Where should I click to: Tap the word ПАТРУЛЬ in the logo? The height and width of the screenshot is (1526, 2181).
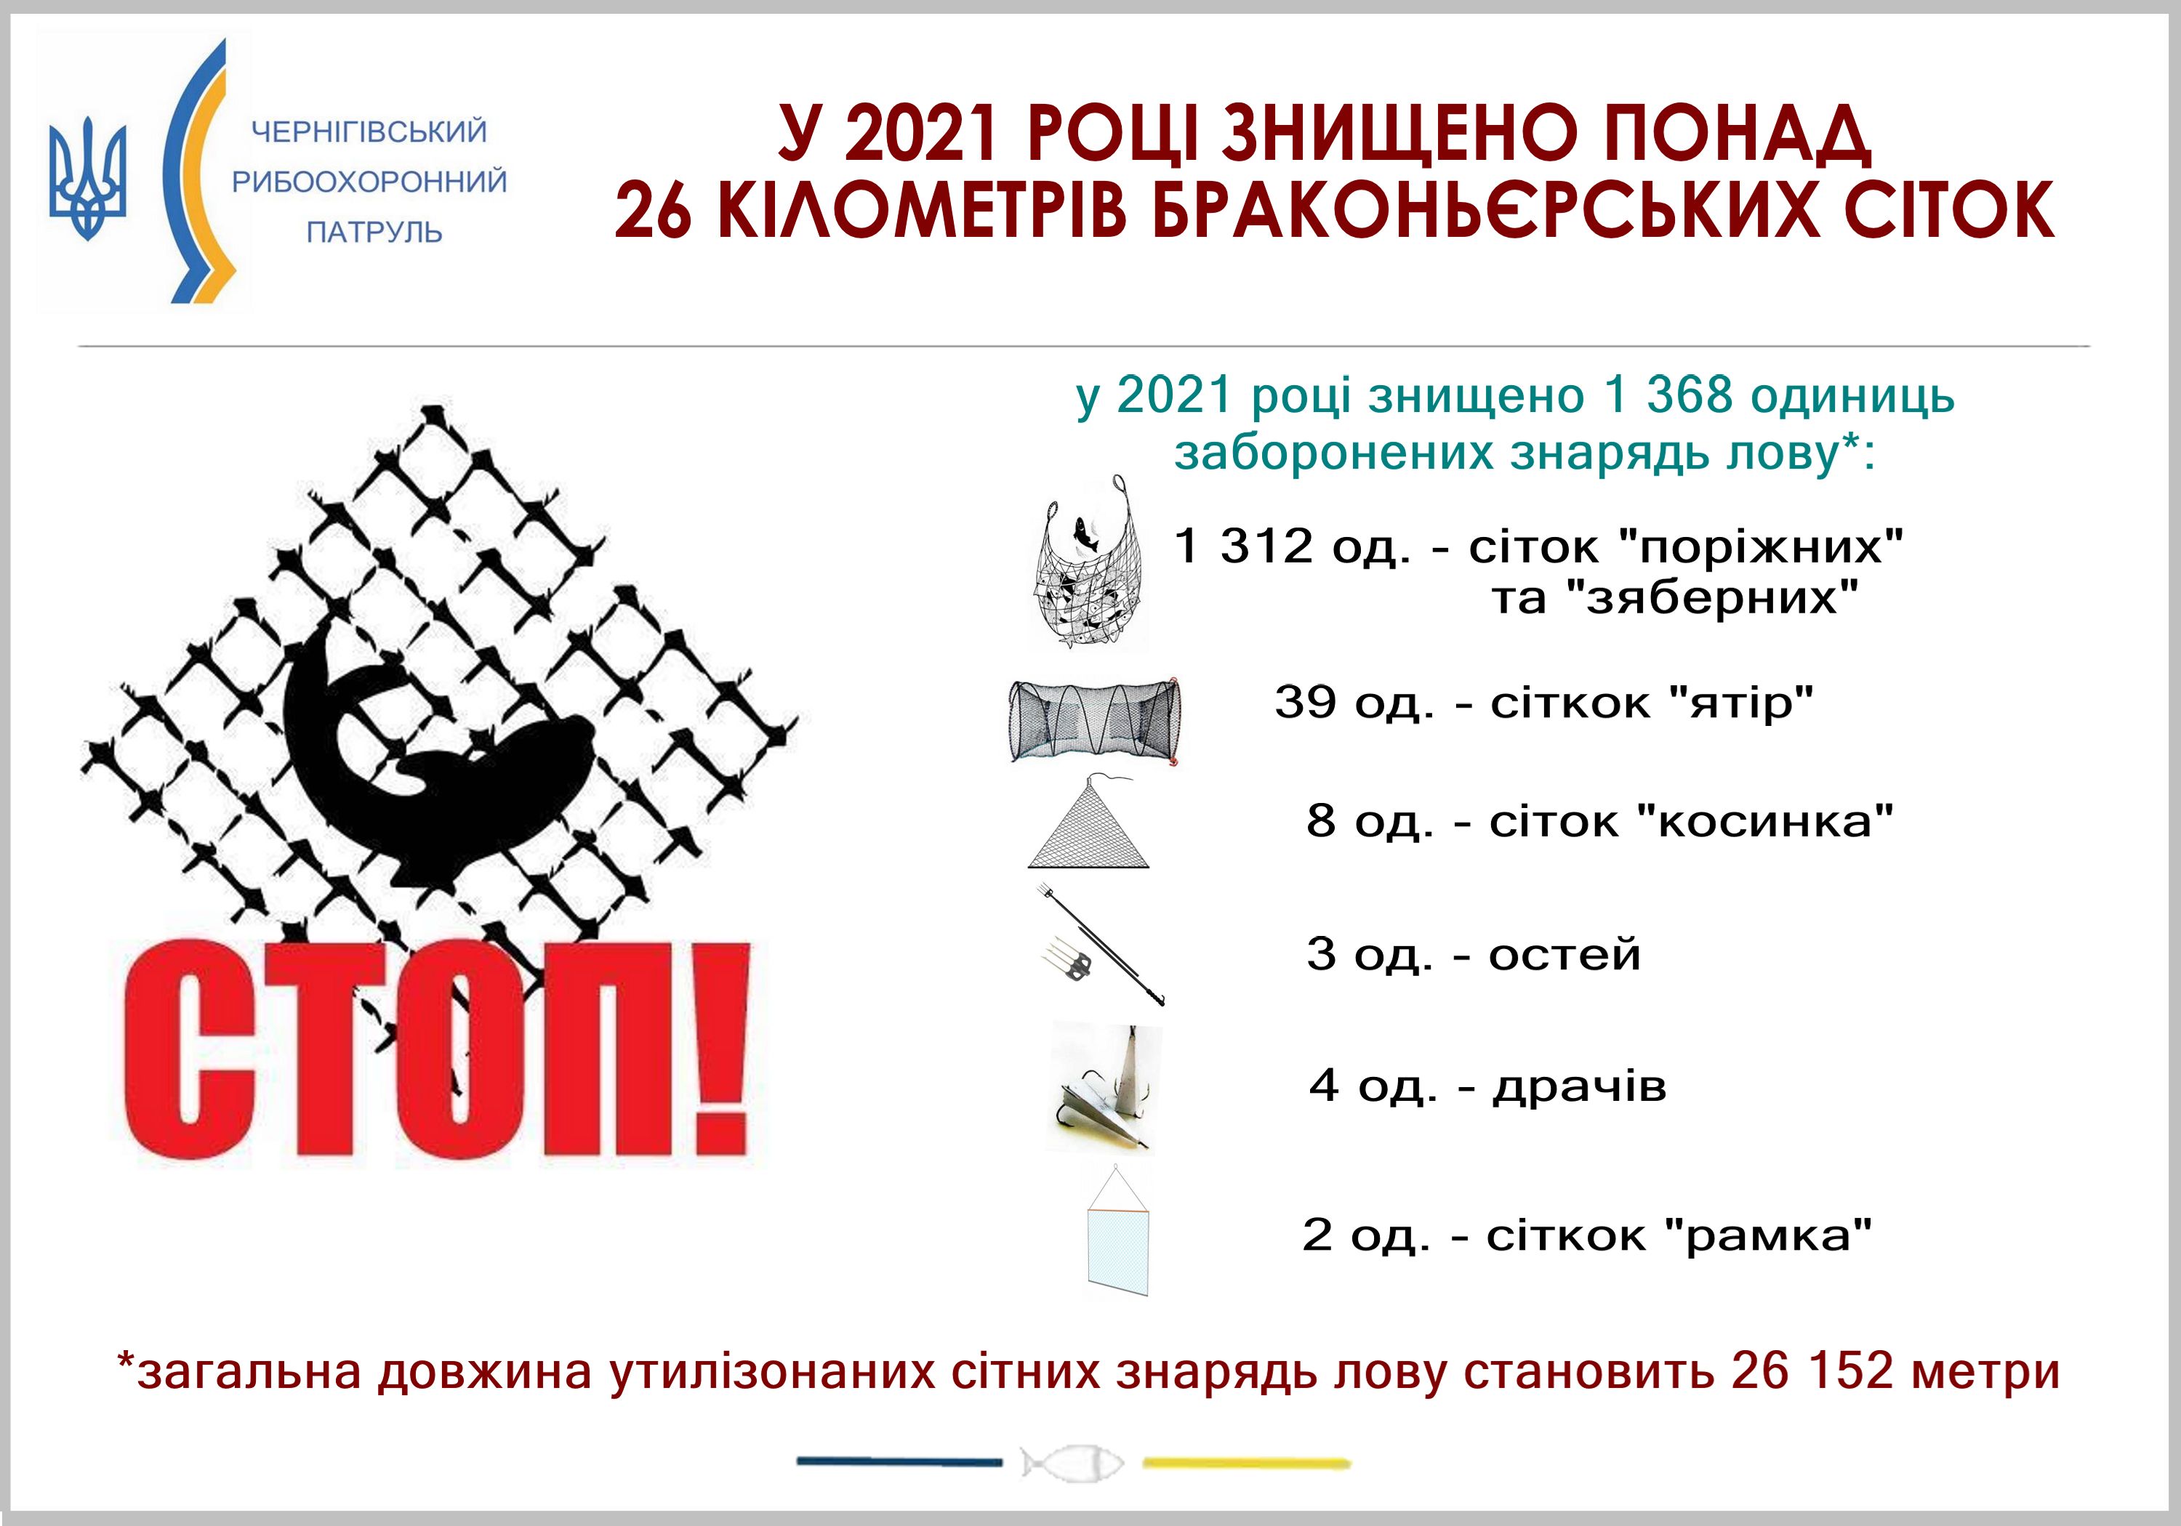coord(374,232)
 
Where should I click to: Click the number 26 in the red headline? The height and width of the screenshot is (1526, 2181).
coord(654,211)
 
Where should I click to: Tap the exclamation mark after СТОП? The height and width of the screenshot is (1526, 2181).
coord(715,1049)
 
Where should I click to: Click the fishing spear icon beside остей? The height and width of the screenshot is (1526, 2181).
coord(1100,945)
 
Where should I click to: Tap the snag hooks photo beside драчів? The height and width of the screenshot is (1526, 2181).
coord(1102,1086)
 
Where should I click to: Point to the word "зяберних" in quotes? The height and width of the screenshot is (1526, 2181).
coord(1711,599)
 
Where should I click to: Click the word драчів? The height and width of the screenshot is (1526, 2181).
coord(1580,1086)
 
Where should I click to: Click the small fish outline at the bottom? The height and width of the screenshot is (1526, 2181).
coord(1072,1461)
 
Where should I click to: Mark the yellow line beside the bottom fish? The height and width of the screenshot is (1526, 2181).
coord(1246,1464)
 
